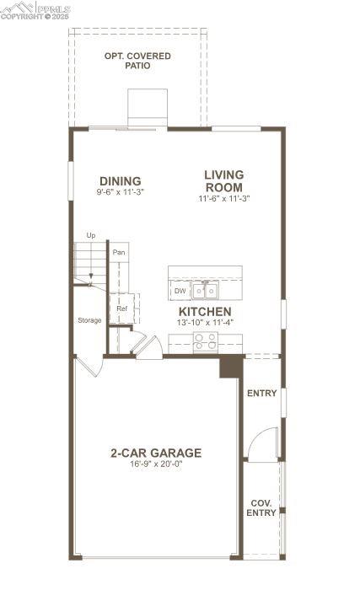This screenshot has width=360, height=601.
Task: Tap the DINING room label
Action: [120, 180]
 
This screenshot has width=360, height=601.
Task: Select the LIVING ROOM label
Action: [223, 180]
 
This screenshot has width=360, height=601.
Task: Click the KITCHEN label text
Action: [204, 312]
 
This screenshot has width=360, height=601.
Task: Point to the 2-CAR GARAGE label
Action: [156, 453]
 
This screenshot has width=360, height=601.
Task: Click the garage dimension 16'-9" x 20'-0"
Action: [156, 464]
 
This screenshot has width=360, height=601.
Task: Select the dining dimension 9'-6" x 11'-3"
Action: [120, 192]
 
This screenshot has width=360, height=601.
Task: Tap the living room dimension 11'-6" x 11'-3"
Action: [224, 198]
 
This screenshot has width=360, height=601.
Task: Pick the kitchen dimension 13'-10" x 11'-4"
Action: [204, 323]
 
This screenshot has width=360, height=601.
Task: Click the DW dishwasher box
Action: [180, 291]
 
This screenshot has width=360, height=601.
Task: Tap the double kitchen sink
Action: [204, 291]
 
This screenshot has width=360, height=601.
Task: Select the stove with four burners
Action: [205, 341]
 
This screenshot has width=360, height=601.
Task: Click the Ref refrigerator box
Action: [121, 309]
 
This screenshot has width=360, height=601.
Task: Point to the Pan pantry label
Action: [120, 252]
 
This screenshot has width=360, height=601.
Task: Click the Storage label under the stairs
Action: [90, 320]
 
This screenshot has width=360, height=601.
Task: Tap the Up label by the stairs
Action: [90, 235]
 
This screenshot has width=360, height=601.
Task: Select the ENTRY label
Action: [261, 394]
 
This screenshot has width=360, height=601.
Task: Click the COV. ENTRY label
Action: [261, 507]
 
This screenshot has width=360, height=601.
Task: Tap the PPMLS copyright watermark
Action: [35, 11]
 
